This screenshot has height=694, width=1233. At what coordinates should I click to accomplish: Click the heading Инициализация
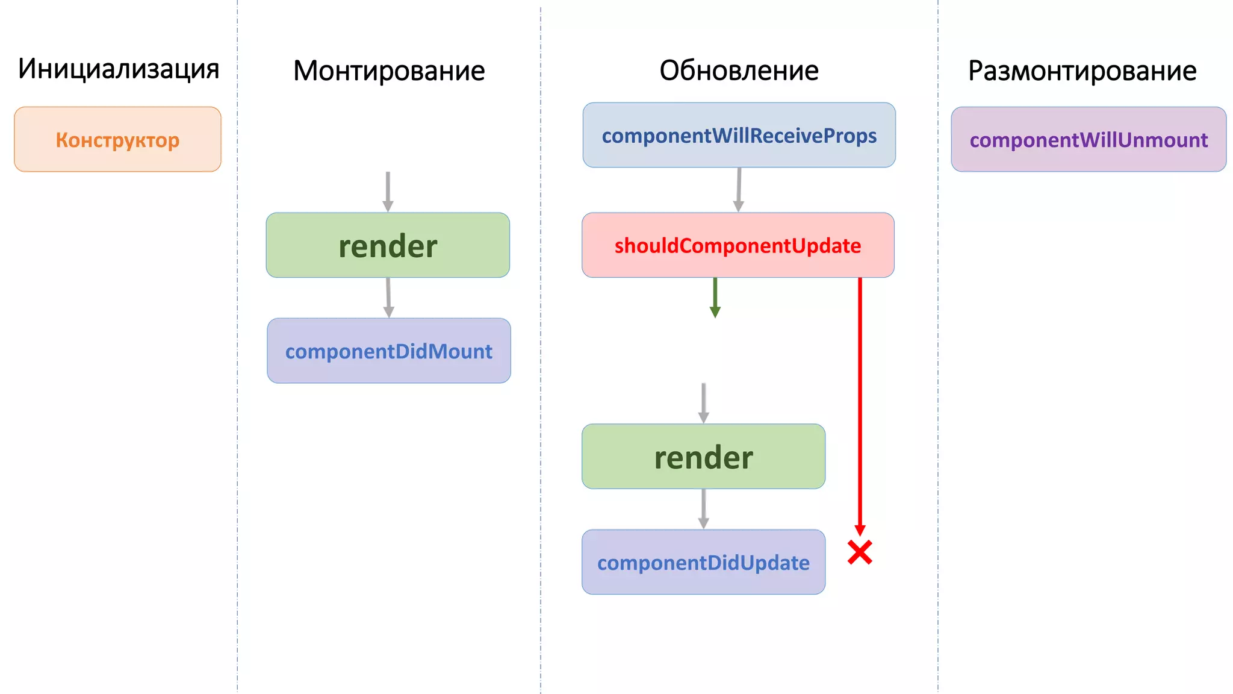118,69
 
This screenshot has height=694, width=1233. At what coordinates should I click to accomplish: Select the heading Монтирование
389,71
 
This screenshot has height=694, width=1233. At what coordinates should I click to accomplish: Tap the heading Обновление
739,71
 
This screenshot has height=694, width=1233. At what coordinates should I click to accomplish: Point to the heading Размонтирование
1082,71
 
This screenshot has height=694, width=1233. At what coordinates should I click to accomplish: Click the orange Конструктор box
117,140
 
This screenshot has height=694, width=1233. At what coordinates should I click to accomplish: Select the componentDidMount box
389,351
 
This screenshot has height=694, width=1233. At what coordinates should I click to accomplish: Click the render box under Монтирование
388,245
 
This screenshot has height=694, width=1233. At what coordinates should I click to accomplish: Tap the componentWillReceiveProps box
739,135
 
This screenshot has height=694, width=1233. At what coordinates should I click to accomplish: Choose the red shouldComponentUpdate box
738,245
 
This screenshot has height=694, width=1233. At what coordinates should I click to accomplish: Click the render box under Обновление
703,457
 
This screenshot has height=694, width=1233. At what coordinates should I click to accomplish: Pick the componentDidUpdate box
703,562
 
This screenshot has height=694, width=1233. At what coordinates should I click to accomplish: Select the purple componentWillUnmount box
1089,140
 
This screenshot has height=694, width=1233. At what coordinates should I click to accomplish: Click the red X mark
860,552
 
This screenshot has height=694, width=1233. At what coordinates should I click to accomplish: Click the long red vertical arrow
860,404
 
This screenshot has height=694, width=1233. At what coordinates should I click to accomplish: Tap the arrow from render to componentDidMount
388,297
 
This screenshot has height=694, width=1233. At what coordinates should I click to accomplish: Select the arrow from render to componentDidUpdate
703,508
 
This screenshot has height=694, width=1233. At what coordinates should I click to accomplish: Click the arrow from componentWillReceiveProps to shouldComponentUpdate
739,189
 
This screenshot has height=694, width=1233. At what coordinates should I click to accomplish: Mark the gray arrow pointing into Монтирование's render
388,191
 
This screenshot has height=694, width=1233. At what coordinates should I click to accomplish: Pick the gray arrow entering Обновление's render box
703,402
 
